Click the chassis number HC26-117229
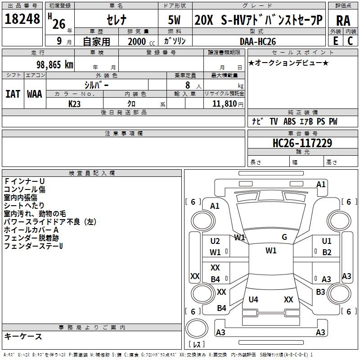click(302, 143)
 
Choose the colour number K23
click(75, 103)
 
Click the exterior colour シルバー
click(96, 85)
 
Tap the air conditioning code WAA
click(35, 94)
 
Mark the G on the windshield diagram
click(284, 237)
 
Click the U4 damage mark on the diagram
click(253, 299)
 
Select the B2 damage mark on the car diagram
click(327, 252)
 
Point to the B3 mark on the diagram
click(320, 292)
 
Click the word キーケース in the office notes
click(23, 336)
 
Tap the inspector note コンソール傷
click(24, 189)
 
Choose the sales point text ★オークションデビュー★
click(288, 63)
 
